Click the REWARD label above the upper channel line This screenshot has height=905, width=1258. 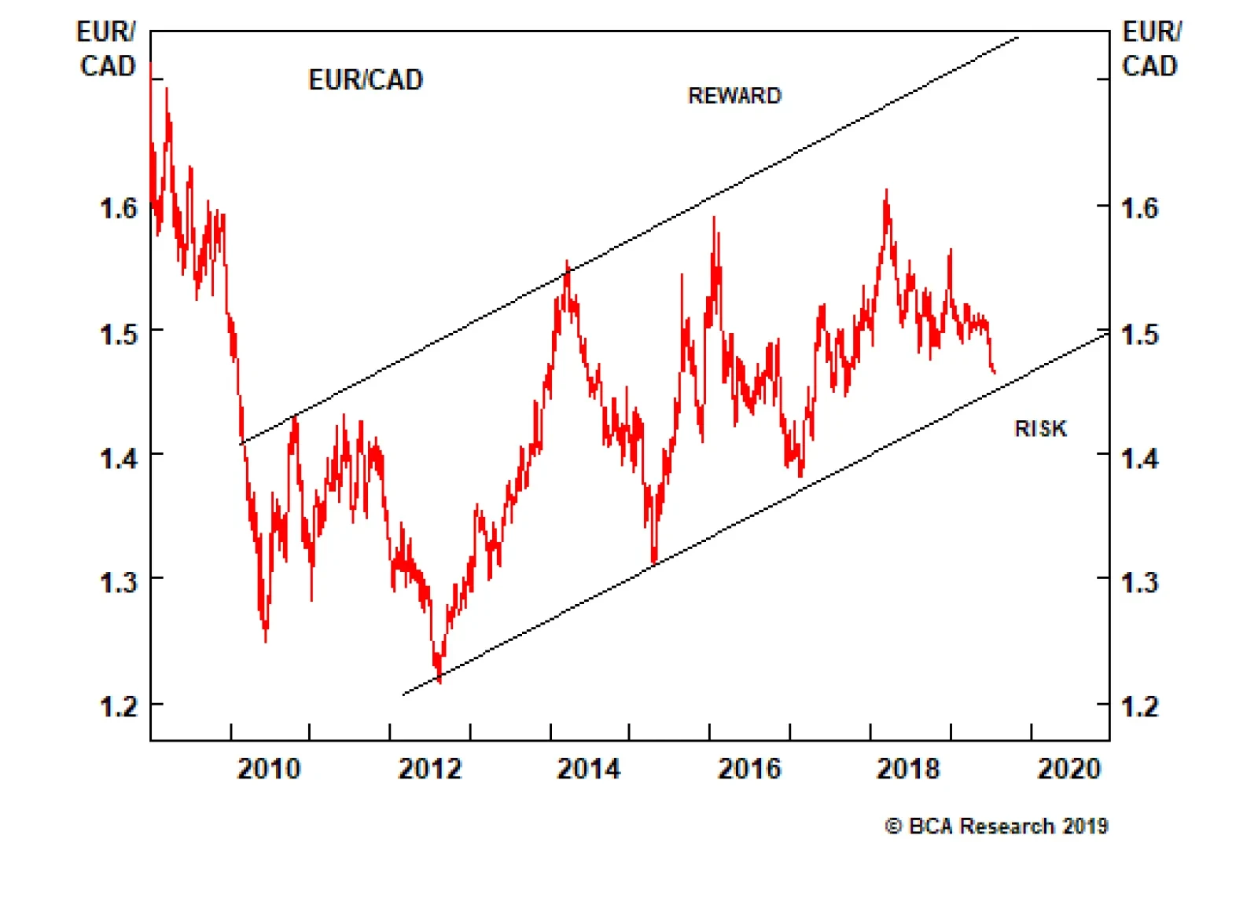[x=734, y=96]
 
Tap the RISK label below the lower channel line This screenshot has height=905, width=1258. [x=1040, y=429]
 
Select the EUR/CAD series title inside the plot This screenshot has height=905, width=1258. [x=366, y=80]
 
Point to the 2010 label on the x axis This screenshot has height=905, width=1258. [x=269, y=768]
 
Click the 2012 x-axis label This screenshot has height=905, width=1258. [x=430, y=768]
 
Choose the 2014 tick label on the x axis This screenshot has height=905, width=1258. [x=589, y=768]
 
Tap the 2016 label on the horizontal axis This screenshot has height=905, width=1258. [x=749, y=768]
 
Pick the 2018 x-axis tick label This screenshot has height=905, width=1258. [x=908, y=768]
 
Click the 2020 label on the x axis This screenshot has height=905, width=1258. [x=1069, y=768]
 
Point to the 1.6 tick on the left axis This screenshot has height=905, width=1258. [x=118, y=208]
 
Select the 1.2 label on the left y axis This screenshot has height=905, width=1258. [x=118, y=706]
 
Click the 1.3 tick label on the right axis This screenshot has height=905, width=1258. [x=1139, y=582]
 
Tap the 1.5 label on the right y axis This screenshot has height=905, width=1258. [x=1139, y=334]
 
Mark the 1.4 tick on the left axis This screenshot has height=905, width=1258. [x=118, y=458]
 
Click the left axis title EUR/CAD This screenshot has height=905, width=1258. [x=107, y=49]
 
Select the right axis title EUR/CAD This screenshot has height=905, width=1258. [x=1150, y=49]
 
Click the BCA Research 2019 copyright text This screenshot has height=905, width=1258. [x=997, y=826]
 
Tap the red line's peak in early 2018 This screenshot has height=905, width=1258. [x=886, y=191]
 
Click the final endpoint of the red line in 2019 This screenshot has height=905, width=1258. [x=995, y=372]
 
